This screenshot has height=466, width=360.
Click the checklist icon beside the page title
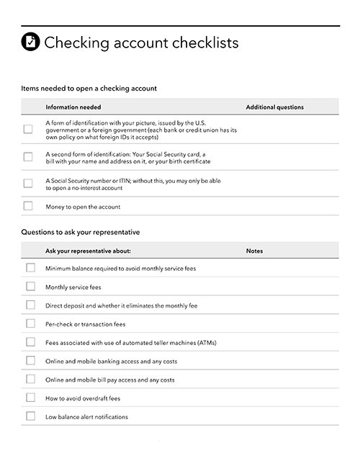pyautogui.click(x=31, y=42)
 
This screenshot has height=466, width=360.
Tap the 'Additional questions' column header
pyautogui.click(x=274, y=107)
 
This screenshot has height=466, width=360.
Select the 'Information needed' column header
pyautogui.click(x=73, y=107)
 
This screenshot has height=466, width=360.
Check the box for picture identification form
pyautogui.click(x=28, y=130)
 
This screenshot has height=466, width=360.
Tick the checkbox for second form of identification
pyautogui.click(x=28, y=156)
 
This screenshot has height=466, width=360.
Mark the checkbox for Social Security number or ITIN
pyautogui.click(x=28, y=183)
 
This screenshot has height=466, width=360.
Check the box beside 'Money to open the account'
pyautogui.click(x=28, y=206)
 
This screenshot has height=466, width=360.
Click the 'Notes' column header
pyautogui.click(x=254, y=251)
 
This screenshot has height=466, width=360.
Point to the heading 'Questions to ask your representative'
pyautogui.click(x=81, y=233)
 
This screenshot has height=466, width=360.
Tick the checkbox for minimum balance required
pyautogui.click(x=30, y=268)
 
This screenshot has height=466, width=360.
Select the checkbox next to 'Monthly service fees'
pyautogui.click(x=30, y=287)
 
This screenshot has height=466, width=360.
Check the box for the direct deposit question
pyautogui.click(x=30, y=305)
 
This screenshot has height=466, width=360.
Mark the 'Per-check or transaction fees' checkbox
pyautogui.click(x=30, y=324)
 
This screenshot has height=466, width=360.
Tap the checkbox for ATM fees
pyautogui.click(x=30, y=342)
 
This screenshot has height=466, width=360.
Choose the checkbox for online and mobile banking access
pyautogui.click(x=30, y=361)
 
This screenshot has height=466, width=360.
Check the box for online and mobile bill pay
pyautogui.click(x=30, y=379)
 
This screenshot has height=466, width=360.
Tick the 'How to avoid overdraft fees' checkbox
pyautogui.click(x=30, y=398)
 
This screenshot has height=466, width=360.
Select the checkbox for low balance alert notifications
pyautogui.click(x=30, y=416)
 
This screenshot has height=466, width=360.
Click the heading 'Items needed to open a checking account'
pyautogui.click(x=89, y=89)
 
